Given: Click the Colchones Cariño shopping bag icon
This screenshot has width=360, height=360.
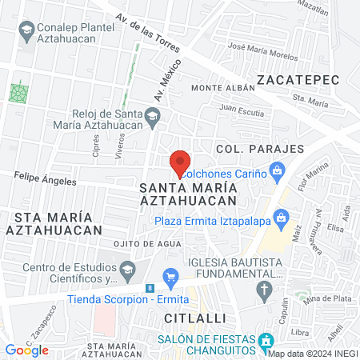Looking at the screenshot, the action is click(278, 170).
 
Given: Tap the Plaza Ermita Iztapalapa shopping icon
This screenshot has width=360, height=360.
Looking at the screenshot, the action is click(281, 217).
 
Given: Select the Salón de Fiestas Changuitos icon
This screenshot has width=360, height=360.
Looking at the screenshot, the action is click(266, 343).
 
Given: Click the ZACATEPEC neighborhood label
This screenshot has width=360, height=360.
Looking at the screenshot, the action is click(298, 79).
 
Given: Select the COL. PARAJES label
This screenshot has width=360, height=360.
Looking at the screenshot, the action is click(260, 149).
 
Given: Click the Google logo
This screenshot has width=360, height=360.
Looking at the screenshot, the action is click(27, 350).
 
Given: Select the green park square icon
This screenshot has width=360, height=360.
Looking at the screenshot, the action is click(18, 92).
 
